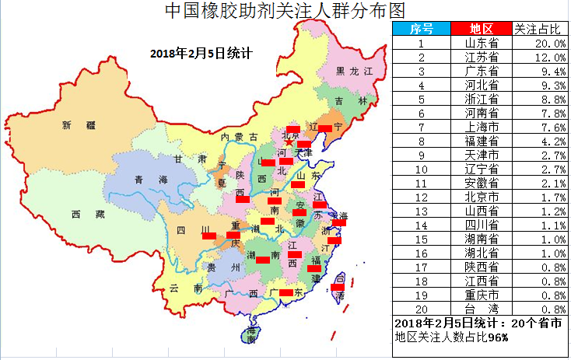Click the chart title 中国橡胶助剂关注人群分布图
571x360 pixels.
285,10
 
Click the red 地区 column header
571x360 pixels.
482,29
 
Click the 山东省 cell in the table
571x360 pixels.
482,44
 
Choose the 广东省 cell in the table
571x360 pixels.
482,72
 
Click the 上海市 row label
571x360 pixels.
482,127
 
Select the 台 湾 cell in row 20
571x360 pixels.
482,308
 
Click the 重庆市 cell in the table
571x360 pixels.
482,294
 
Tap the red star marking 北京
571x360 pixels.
289,142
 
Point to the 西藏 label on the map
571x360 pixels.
82,214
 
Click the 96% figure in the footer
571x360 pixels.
498,337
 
